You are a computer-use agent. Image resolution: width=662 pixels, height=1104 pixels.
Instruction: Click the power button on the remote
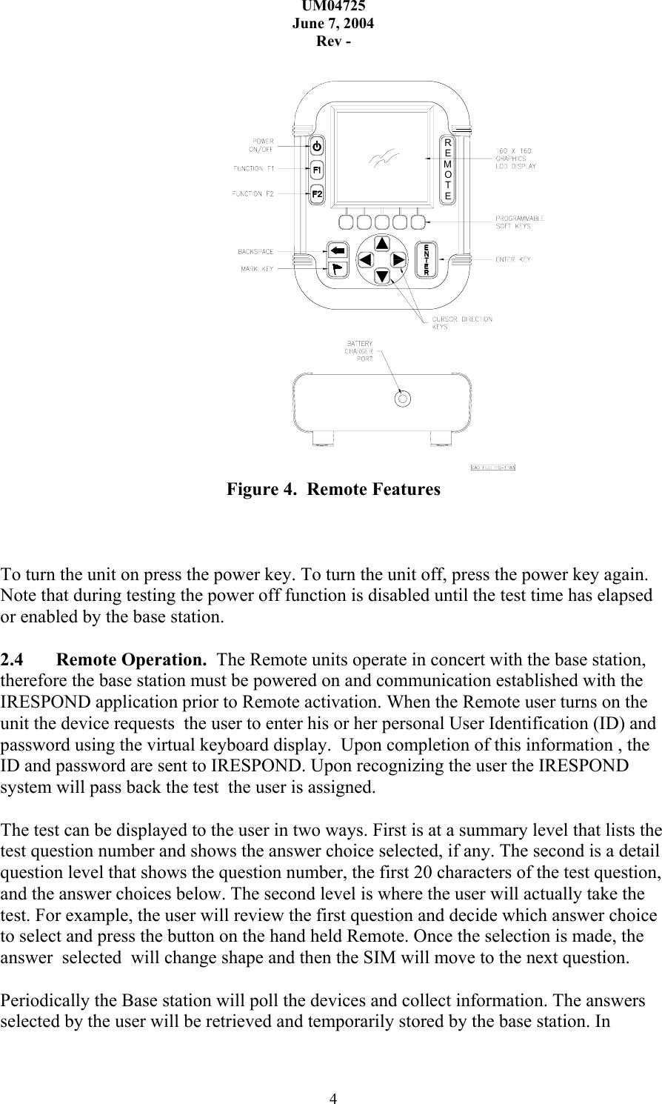pos(316,145)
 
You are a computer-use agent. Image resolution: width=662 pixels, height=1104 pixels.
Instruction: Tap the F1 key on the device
pos(316,170)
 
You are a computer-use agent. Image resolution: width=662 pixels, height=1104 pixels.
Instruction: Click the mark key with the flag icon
pos(338,268)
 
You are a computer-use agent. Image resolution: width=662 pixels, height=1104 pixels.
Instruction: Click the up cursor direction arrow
pos(381,244)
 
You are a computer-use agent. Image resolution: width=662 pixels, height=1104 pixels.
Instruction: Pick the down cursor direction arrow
pos(381,276)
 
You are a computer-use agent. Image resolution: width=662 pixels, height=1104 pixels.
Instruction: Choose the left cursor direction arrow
pos(365,259)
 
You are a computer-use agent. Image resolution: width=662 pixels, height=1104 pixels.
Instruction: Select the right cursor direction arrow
pos(398,259)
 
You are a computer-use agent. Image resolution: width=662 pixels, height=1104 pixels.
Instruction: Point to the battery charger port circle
pos(402,399)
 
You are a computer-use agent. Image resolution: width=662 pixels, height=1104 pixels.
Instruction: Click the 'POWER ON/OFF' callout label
pos(263,144)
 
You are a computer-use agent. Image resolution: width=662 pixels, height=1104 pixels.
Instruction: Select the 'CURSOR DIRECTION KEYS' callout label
pos(461,322)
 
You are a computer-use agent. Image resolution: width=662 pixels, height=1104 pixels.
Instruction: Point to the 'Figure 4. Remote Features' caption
pos(332,490)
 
